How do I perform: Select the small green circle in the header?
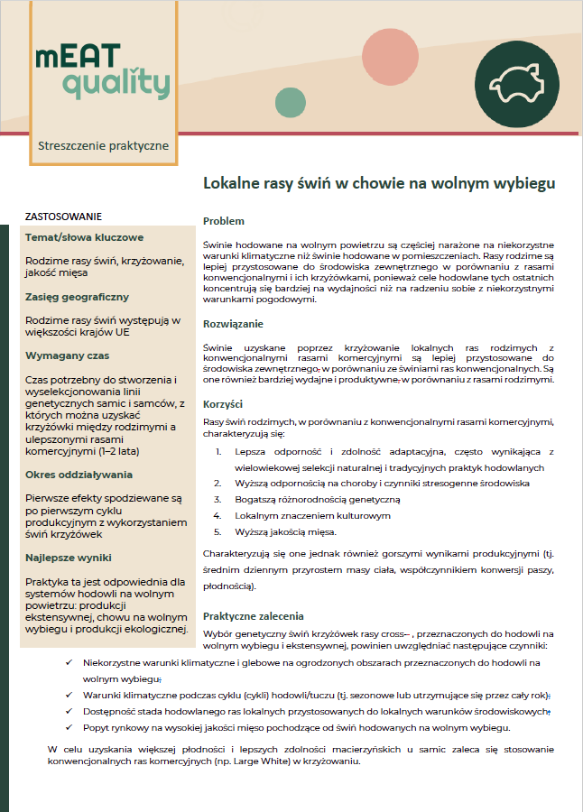(x=291, y=102)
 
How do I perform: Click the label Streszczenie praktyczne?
(x=103, y=145)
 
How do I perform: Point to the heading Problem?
(x=223, y=221)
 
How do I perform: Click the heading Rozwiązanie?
(x=234, y=323)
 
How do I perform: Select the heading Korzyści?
(x=223, y=404)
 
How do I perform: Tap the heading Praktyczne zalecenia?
(x=253, y=616)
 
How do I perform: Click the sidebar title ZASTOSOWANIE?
(x=63, y=217)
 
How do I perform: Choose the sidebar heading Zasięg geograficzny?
(x=77, y=297)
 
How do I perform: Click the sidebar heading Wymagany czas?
(x=68, y=355)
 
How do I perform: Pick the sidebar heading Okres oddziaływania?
(x=79, y=474)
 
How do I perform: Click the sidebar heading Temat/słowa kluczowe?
(x=84, y=238)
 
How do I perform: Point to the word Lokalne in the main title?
(x=233, y=184)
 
